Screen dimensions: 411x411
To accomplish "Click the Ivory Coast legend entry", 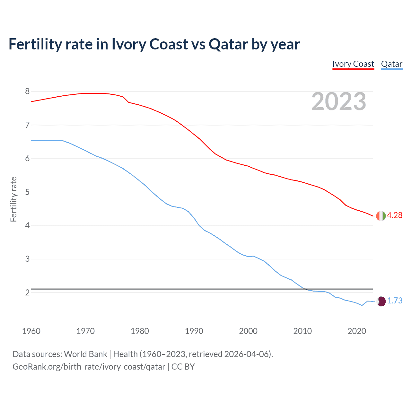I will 353,64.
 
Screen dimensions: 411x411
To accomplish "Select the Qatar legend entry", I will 391,64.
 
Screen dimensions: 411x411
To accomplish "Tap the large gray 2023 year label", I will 339,101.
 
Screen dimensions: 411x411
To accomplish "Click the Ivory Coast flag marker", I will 381,216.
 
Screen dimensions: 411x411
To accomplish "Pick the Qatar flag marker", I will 381,301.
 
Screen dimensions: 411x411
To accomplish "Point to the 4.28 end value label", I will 395,215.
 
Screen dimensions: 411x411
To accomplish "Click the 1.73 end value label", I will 395,301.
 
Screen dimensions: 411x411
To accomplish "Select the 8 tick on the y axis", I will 27,92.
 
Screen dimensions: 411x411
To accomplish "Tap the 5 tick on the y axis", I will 27,192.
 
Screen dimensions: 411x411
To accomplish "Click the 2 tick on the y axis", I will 27,293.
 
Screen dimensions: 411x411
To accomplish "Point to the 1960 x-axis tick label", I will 31,331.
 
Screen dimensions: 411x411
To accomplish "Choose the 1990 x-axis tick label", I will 194,331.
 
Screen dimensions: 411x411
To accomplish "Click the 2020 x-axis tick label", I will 357,331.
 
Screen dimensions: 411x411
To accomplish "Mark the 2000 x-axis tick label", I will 248,331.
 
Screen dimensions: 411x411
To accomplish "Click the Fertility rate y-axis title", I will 13,199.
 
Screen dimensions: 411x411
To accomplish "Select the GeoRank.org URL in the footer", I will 89,367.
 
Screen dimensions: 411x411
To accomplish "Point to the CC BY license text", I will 183,367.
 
